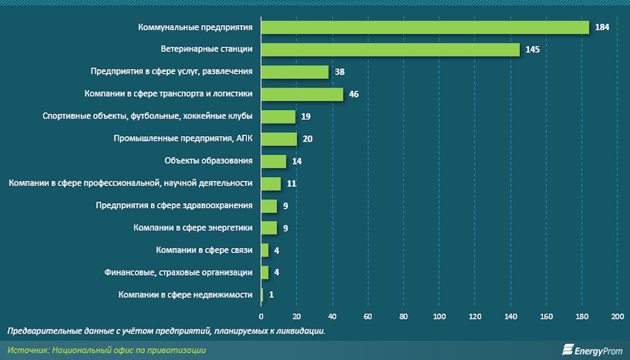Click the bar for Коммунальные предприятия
coord(425,27)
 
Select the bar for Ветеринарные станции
coord(390,50)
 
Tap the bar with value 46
coord(302,94)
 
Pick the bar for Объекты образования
coord(274,161)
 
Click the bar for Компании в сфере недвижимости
coord(262,295)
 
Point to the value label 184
coord(602,27)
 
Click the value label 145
coord(532,50)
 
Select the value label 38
coord(339,72)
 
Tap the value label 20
coord(308,139)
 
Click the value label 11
coord(292,184)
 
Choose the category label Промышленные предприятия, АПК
coord(183,138)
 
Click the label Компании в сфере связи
coord(204,250)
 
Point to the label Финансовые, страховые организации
coord(178,272)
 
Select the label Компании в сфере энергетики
coord(193,228)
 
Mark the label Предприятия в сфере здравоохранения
coord(174,205)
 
